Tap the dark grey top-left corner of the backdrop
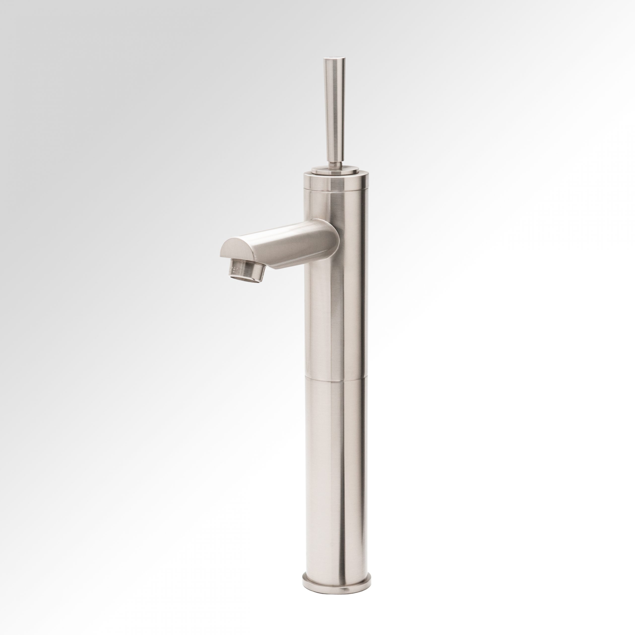[x=13, y=13]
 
